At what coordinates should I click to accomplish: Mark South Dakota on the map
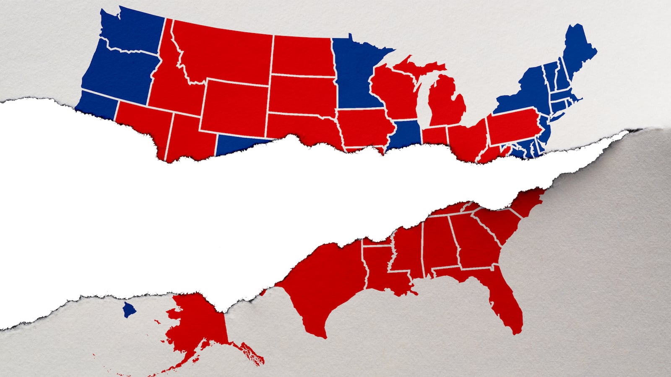(302, 94)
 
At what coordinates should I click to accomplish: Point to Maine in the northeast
(579, 50)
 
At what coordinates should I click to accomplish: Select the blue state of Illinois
(405, 134)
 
